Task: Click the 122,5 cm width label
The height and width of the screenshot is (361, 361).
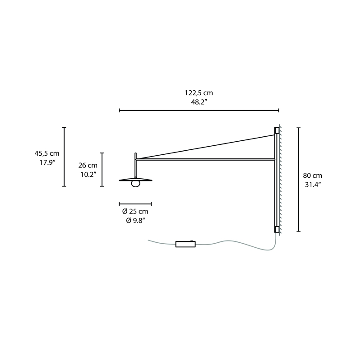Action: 199,93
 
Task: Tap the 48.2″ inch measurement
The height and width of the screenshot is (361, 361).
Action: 199,102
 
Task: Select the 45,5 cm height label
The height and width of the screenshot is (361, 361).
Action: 47,153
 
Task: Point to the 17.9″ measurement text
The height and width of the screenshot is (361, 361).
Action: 47,162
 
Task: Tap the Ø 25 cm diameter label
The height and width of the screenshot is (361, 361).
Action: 135,212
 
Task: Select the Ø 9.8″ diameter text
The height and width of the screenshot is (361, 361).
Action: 135,220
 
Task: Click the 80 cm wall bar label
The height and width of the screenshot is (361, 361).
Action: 312,176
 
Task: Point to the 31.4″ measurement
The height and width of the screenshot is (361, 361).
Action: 312,184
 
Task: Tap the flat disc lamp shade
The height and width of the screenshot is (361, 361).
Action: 135,180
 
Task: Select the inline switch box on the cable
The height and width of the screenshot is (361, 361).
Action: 185,244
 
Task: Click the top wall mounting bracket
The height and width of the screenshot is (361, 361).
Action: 277,130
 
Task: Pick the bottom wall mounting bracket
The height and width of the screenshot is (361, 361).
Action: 277,229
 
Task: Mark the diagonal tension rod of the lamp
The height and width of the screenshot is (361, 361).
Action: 205,147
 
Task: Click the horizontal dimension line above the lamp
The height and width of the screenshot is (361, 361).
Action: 199,110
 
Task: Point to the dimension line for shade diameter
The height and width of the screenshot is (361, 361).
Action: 135,204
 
